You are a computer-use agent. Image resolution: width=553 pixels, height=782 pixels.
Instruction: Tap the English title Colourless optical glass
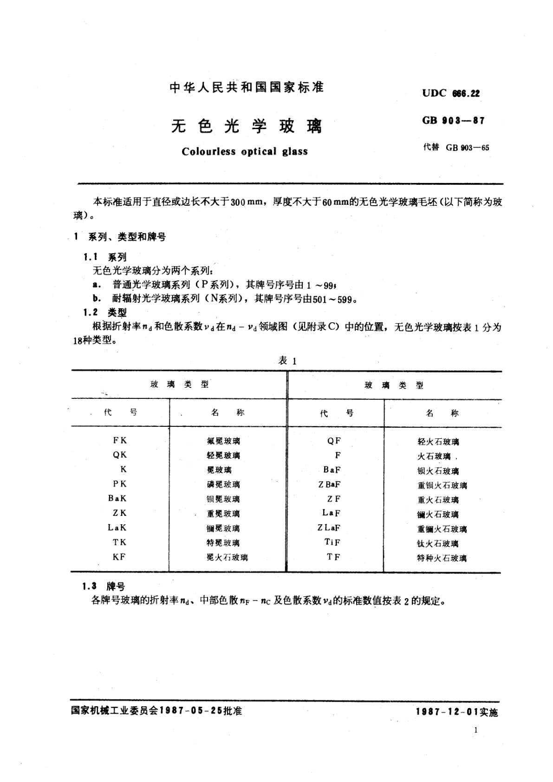pos(245,152)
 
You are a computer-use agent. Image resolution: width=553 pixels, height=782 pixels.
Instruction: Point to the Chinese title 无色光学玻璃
pos(247,126)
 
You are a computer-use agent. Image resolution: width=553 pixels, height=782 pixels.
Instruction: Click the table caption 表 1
pos(287,360)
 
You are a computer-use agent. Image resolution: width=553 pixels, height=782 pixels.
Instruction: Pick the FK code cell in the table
pos(120,440)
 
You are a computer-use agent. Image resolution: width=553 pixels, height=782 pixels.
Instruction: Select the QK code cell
pos(120,455)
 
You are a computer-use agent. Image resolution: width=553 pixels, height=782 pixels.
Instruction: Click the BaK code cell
pos(117,498)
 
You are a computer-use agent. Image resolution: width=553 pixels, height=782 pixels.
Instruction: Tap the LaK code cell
pos(117,528)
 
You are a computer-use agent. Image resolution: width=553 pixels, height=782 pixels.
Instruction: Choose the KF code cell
pos(119,557)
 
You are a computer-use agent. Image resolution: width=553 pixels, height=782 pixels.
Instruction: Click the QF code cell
pos(334,441)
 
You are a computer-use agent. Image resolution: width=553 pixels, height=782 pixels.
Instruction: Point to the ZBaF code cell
pos(330,484)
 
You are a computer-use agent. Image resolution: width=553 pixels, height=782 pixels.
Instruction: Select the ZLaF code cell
pos(329,528)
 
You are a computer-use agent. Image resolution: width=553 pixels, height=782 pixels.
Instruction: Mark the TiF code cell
pos(332,542)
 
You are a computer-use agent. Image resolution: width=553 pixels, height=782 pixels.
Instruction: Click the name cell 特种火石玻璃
pos(442,558)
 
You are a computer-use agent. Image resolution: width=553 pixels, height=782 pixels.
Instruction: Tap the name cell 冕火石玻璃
pos(227,557)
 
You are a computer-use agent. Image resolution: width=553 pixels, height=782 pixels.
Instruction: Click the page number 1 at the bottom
pos(476,730)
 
